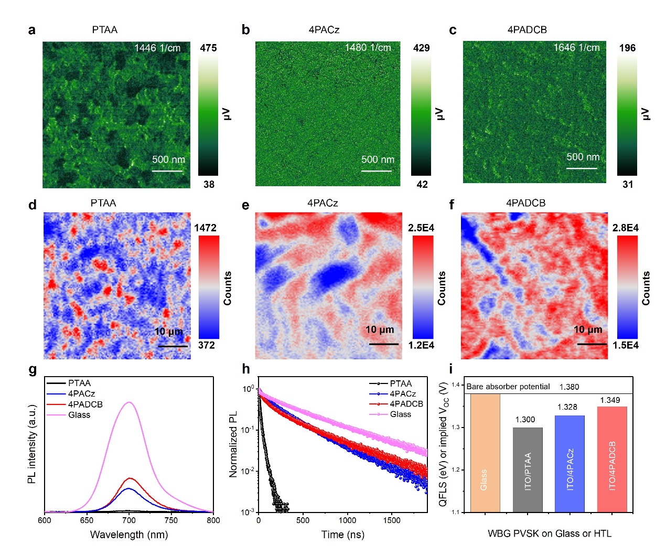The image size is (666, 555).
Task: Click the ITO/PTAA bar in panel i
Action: point(528,469)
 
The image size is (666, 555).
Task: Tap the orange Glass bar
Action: point(485,453)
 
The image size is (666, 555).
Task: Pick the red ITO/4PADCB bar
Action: point(612,459)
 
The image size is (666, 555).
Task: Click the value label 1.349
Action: point(610,400)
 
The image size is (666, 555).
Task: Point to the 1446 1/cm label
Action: point(157,48)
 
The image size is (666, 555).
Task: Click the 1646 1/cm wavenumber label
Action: point(576,48)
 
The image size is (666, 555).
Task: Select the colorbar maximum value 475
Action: point(208,48)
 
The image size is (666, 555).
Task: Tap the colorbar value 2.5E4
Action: point(421,228)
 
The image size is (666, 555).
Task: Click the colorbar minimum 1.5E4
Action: point(625,345)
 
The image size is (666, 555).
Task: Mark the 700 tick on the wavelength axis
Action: point(129,520)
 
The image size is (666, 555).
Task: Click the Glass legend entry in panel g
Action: point(79,415)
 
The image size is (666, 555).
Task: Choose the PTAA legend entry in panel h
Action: point(401,383)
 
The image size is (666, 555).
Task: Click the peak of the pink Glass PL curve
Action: point(129,402)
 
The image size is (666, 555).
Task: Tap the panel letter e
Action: point(245,205)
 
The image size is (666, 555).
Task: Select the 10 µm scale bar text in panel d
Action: point(168,332)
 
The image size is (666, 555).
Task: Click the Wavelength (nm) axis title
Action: point(129,535)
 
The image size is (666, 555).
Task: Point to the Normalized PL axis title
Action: point(233,444)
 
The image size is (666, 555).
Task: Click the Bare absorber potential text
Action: point(508,387)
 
